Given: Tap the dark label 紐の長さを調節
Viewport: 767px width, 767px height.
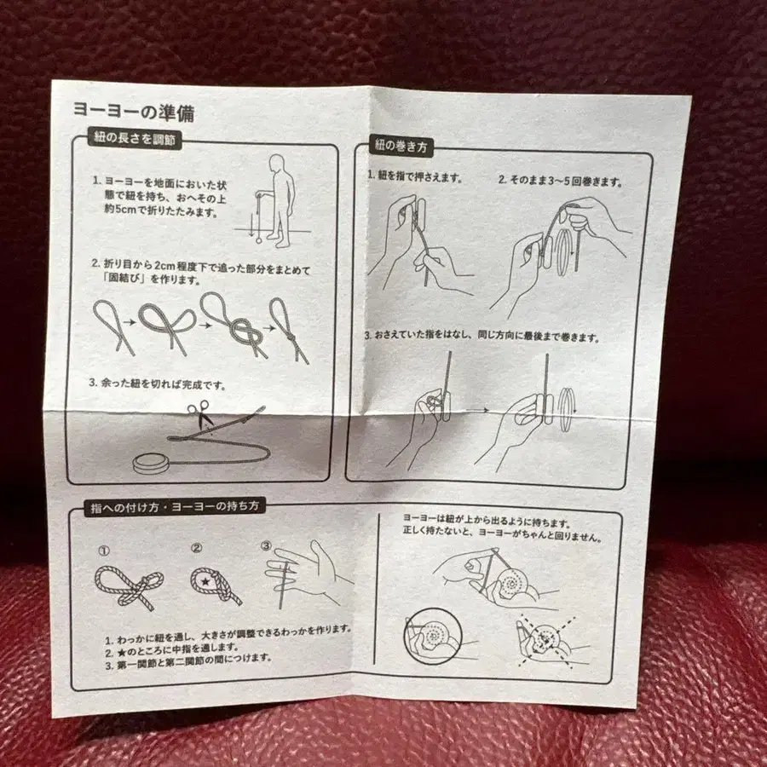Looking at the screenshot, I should pyautogui.click(x=136, y=139).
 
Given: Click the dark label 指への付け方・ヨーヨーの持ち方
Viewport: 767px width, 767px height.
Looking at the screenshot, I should pyautogui.click(x=176, y=505).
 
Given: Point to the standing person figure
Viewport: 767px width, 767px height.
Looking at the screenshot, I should pyautogui.click(x=279, y=198).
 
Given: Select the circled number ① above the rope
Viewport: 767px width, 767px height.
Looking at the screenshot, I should pyautogui.click(x=104, y=551).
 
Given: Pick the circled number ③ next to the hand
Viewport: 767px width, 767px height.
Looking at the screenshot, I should pyautogui.click(x=266, y=546).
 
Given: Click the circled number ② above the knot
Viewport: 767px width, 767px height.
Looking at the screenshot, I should pyautogui.click(x=196, y=549).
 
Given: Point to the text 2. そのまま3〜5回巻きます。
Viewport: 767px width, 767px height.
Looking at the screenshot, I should pyautogui.click(x=560, y=182).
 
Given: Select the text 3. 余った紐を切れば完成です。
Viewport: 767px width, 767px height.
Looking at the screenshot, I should pyautogui.click(x=159, y=384).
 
